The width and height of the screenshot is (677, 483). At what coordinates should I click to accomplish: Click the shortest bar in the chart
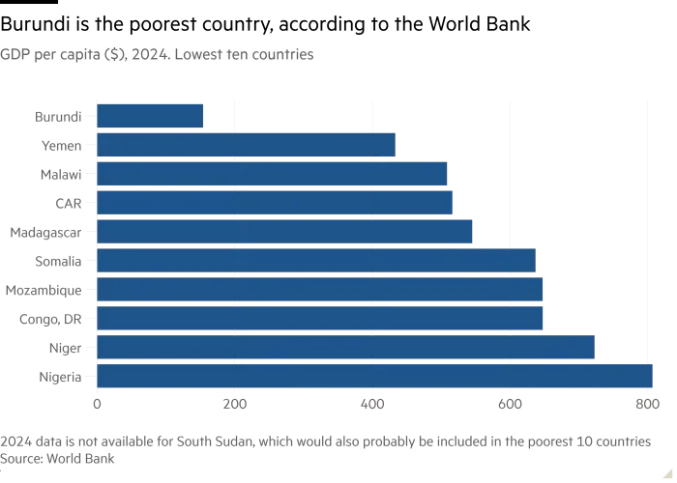point(151,116)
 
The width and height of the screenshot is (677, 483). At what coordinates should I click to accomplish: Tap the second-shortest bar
point(247,145)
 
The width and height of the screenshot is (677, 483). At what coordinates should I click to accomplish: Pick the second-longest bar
point(345,348)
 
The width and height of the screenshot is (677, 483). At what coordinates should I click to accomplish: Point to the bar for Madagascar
point(286,232)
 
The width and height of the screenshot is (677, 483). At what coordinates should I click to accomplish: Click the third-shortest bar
point(272,174)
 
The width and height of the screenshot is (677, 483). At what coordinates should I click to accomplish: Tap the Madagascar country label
point(47,233)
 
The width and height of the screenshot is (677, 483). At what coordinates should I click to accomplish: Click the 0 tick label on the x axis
point(96,399)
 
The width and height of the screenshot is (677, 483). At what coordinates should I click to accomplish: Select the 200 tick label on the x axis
point(236,399)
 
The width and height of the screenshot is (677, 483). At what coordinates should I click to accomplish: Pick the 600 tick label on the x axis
point(509,399)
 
